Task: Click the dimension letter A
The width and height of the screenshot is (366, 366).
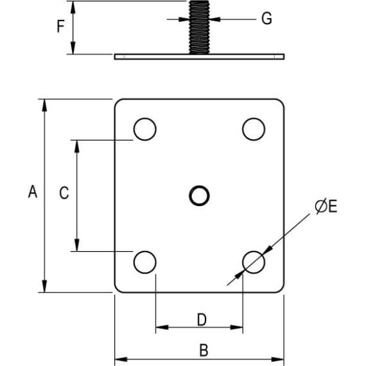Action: (x=33, y=191)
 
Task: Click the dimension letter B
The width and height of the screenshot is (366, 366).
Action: (x=204, y=351)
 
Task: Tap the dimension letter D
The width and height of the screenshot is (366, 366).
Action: (x=201, y=319)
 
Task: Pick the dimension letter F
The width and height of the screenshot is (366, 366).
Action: (x=61, y=27)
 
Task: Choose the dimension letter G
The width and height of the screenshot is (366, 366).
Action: (x=266, y=19)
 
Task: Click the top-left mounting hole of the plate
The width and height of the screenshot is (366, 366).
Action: (x=145, y=129)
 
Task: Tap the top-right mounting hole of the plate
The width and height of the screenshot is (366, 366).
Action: (x=254, y=129)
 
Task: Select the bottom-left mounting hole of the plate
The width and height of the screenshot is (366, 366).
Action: (x=145, y=261)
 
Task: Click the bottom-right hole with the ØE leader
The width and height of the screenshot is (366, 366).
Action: (x=254, y=261)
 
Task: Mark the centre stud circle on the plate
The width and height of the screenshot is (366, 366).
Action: (x=199, y=195)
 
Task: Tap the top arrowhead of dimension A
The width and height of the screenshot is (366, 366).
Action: (x=44, y=105)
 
